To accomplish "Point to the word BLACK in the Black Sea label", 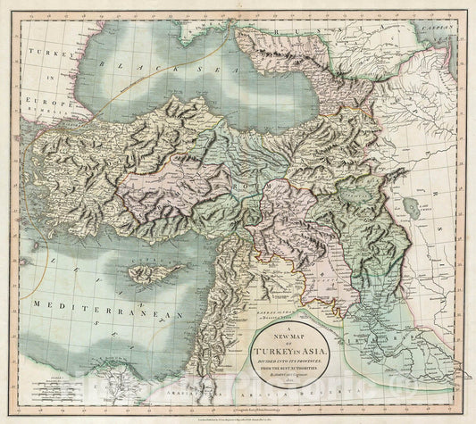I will pos(121,66).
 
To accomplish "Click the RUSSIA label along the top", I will pos(290,37).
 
